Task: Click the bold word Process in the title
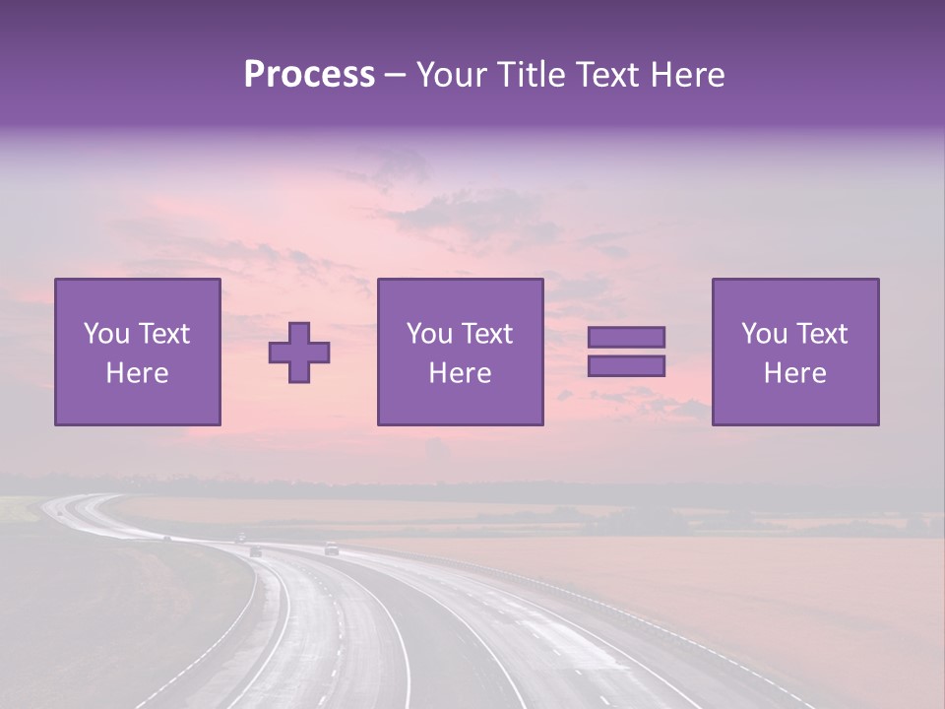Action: pos(309,75)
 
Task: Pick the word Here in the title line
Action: pos(689,75)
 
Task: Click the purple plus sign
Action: pos(299,353)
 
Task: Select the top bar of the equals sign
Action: pos(626,337)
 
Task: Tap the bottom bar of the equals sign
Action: pos(626,366)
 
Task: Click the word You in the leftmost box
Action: pos(106,334)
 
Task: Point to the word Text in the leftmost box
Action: pos(163,334)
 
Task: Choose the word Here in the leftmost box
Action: pos(137,373)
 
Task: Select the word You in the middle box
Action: pos(429,334)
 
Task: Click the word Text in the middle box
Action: pos(486,334)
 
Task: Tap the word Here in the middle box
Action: pos(460,373)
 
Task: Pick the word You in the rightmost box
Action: pos(764,334)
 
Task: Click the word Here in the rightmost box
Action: pos(794,373)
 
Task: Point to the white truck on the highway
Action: pos(331,548)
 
